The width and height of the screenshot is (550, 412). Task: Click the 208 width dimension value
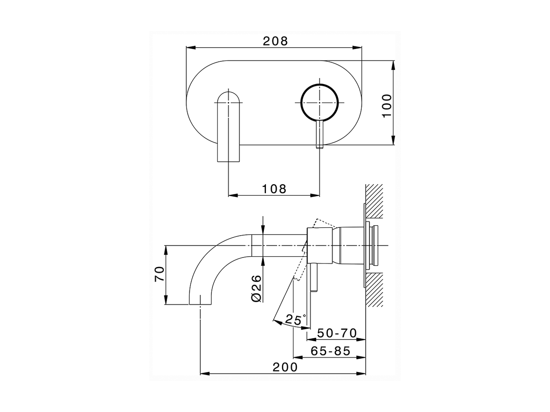(x=275, y=41)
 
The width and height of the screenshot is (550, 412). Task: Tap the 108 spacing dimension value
(x=274, y=188)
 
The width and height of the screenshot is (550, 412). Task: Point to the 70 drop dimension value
(x=159, y=274)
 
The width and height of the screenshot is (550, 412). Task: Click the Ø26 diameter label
(x=257, y=288)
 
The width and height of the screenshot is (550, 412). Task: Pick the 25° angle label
(x=295, y=319)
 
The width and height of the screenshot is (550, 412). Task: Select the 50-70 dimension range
(x=337, y=333)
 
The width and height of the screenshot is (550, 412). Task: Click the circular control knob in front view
(x=319, y=103)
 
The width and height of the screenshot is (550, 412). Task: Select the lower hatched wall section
(x=374, y=290)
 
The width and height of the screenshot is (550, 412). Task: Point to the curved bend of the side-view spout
(x=211, y=257)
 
